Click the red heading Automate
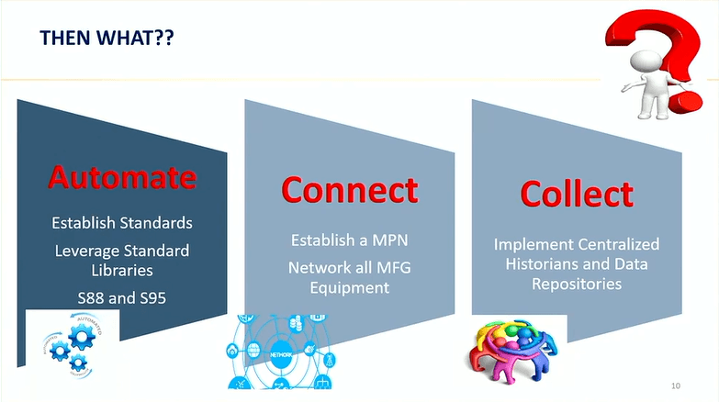click(122, 175)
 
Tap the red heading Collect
click(576, 194)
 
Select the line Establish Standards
click(122, 222)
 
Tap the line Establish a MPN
click(349, 241)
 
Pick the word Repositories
click(577, 285)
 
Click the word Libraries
click(122, 271)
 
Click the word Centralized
click(623, 245)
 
